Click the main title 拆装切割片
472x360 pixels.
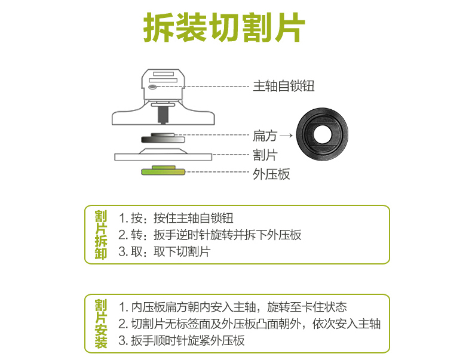[x=224, y=27]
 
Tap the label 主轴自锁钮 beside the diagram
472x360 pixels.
[x=284, y=86]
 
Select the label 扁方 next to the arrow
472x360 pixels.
[x=265, y=136]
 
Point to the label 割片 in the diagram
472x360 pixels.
[x=265, y=155]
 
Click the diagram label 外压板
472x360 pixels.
[x=271, y=174]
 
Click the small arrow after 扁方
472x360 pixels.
[x=286, y=136]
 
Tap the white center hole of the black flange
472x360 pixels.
[x=322, y=134]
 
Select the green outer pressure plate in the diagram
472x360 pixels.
[x=163, y=171]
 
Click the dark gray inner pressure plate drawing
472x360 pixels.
[x=163, y=138]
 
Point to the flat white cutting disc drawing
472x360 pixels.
[x=163, y=155]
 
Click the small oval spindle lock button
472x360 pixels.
[x=152, y=87]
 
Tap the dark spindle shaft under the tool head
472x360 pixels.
[x=163, y=115]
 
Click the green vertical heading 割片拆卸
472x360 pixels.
[x=101, y=235]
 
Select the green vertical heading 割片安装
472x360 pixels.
[x=101, y=324]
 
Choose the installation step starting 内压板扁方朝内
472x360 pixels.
[x=232, y=307]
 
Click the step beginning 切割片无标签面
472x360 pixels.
[x=250, y=324]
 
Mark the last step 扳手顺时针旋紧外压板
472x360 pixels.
[x=182, y=341]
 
